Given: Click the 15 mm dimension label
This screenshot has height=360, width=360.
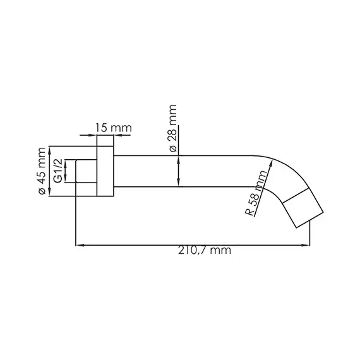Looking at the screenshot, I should click(113, 128).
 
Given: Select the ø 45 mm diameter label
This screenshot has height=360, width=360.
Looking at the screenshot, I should click(42, 172).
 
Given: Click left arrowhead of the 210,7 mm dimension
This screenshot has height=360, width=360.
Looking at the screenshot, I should click(78, 244).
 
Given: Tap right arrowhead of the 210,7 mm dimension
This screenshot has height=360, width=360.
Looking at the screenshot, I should click(308, 244).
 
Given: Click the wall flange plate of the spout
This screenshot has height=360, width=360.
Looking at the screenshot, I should click(105, 172).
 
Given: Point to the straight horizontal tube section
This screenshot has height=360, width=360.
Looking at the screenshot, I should click(189, 171).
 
